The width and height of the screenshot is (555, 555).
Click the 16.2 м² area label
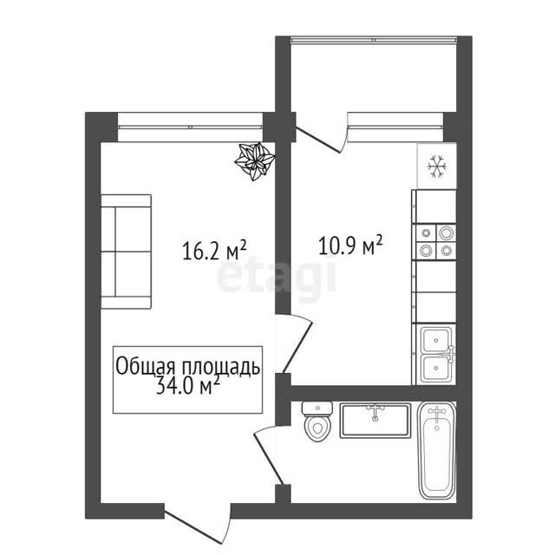pos(214,250)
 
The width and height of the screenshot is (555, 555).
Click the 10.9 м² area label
pos(350,245)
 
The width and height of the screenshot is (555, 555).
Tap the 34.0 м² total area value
pos(188,385)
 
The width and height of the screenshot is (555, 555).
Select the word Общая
pos(146,366)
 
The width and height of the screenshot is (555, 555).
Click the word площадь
pos(221,367)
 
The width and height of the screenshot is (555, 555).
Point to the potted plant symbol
pos(255,161)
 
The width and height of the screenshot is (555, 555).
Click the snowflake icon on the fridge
pos(437,166)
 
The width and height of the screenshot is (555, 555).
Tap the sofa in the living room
pos(126,251)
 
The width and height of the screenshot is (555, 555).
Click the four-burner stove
pos(435,242)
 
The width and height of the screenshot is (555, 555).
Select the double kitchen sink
pos(436,355)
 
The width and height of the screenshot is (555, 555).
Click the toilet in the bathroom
pos(317,421)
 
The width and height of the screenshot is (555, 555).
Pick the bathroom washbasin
pos(375,421)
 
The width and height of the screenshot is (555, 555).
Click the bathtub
pos(437,451)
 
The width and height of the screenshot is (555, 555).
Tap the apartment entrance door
pos(199,524)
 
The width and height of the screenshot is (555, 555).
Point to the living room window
pos(191,127)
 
